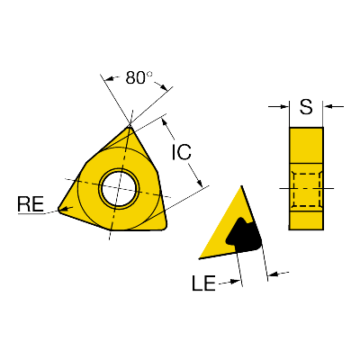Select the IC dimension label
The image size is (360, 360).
pyautogui.click(x=182, y=152)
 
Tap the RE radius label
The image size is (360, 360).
pyautogui.click(x=31, y=204)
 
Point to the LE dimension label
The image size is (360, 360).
pyautogui.click(x=203, y=283)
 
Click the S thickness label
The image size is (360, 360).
pyautogui.click(x=306, y=107)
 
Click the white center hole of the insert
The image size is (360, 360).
pyautogui.click(x=120, y=189)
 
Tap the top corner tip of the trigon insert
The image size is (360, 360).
pyautogui.click(x=130, y=127)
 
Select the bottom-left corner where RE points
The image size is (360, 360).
pyautogui.click(x=60, y=209)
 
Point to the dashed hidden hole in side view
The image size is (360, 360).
pyautogui.click(x=306, y=190)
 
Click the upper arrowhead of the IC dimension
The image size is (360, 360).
pyautogui.click(x=164, y=122)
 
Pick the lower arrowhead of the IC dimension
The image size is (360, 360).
pyautogui.click(x=199, y=182)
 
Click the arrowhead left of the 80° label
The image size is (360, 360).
pyautogui.click(x=110, y=79)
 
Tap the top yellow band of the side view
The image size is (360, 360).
pyautogui.click(x=306, y=145)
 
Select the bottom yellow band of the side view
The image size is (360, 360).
pyautogui.click(x=306, y=220)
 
